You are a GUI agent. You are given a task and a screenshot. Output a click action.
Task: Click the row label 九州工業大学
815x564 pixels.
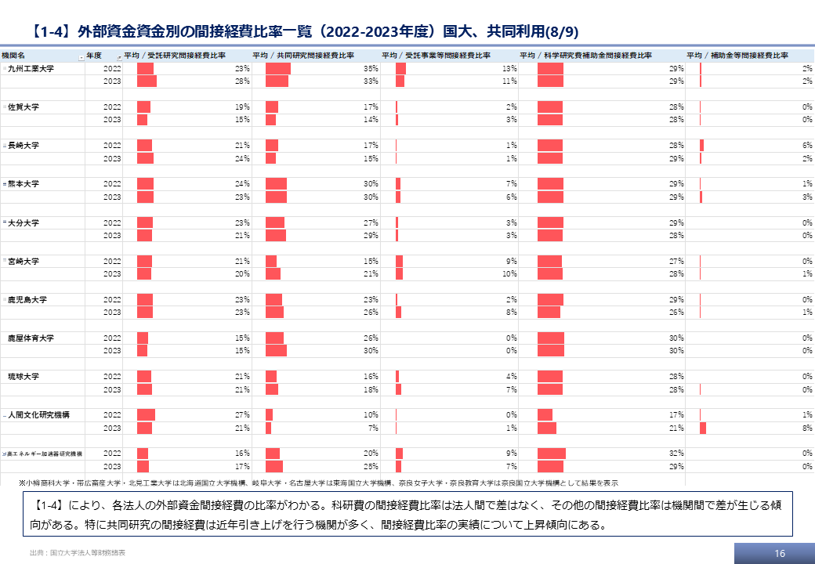31,69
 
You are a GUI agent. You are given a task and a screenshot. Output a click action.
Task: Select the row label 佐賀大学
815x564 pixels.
24,107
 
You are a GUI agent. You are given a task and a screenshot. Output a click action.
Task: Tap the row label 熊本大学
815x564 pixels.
24,184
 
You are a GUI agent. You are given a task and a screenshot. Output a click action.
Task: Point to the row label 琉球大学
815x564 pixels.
24,377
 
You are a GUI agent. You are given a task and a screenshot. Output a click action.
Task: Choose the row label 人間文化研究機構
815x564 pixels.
38,415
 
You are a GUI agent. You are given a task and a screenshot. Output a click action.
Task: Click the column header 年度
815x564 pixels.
94,56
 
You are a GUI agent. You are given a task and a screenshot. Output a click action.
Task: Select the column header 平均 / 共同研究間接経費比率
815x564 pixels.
302,56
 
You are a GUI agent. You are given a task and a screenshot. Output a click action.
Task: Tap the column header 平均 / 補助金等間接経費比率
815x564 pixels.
737,56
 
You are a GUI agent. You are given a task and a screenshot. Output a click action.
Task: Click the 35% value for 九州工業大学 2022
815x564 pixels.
371,69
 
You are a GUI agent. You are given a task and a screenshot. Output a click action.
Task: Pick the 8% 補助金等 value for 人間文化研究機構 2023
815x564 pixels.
806,428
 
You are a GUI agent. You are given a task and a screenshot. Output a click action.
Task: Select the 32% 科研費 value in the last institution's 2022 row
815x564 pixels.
676,454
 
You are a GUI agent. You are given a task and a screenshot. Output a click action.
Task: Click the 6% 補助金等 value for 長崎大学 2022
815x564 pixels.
806,146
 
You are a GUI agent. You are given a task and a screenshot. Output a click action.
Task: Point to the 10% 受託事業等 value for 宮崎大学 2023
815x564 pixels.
509,274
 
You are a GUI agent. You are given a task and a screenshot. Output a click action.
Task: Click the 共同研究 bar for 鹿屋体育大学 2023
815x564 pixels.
276,351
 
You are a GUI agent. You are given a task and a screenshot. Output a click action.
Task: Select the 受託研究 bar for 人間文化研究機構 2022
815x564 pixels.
146,415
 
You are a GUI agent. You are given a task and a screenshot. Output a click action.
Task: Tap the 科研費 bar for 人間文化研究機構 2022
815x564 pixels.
545,415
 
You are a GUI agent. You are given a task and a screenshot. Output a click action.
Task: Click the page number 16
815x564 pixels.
779,554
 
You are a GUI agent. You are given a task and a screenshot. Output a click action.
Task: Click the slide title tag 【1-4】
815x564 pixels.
53,32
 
